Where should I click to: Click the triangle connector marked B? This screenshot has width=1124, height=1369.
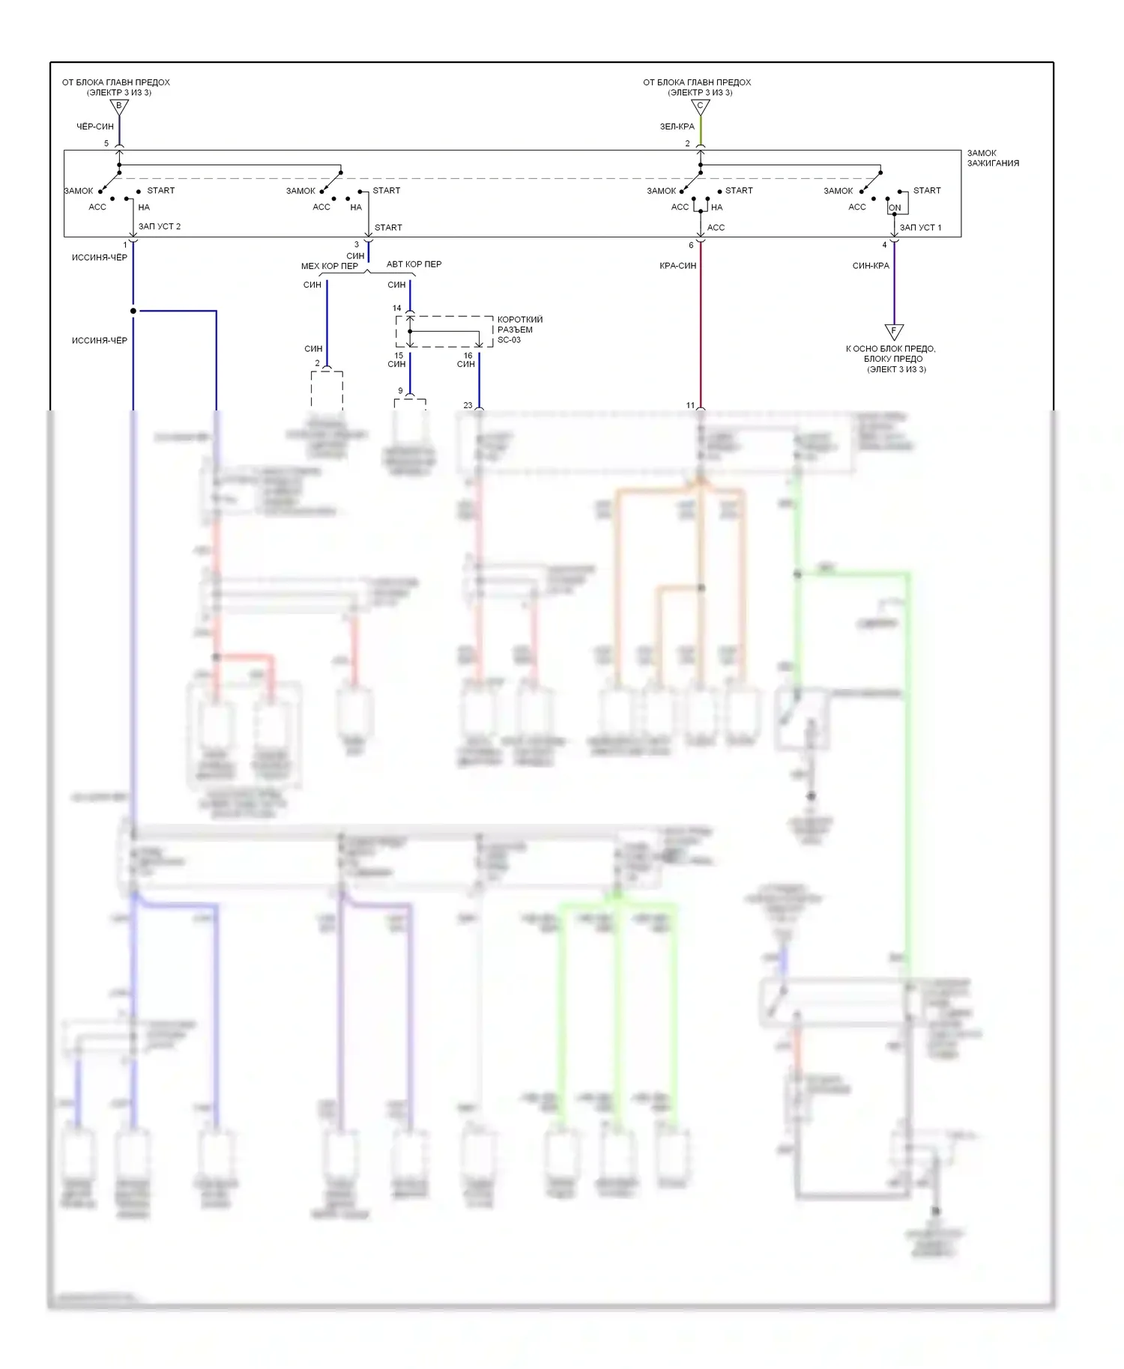[x=119, y=107]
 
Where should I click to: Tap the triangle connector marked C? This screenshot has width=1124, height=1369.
[x=700, y=107]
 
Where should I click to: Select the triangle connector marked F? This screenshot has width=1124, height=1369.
[x=893, y=331]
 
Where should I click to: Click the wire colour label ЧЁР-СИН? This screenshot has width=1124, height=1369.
[x=95, y=127]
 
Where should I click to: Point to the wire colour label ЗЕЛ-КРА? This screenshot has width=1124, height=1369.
[x=677, y=127]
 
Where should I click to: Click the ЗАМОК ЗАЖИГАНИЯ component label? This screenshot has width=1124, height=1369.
[x=992, y=158]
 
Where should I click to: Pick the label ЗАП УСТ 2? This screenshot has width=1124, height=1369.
[x=160, y=226]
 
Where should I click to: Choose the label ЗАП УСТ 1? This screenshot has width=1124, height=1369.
[x=920, y=227]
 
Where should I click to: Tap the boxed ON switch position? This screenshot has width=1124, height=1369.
[x=895, y=207]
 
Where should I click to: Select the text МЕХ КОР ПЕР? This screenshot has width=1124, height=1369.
[x=330, y=266]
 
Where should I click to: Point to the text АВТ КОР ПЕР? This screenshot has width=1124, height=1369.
[x=414, y=264]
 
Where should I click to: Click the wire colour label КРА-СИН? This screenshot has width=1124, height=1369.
[x=677, y=266]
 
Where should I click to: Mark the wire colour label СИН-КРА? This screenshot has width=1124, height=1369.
[x=871, y=266]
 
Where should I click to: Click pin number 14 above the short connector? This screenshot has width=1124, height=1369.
[x=397, y=308]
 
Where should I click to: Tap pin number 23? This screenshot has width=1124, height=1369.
[x=468, y=405]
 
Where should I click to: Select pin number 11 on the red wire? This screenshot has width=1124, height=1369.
[x=690, y=405]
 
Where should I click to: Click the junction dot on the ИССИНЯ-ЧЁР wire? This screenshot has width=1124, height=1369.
[x=133, y=311]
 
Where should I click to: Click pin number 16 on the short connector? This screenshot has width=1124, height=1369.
[x=468, y=356]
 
